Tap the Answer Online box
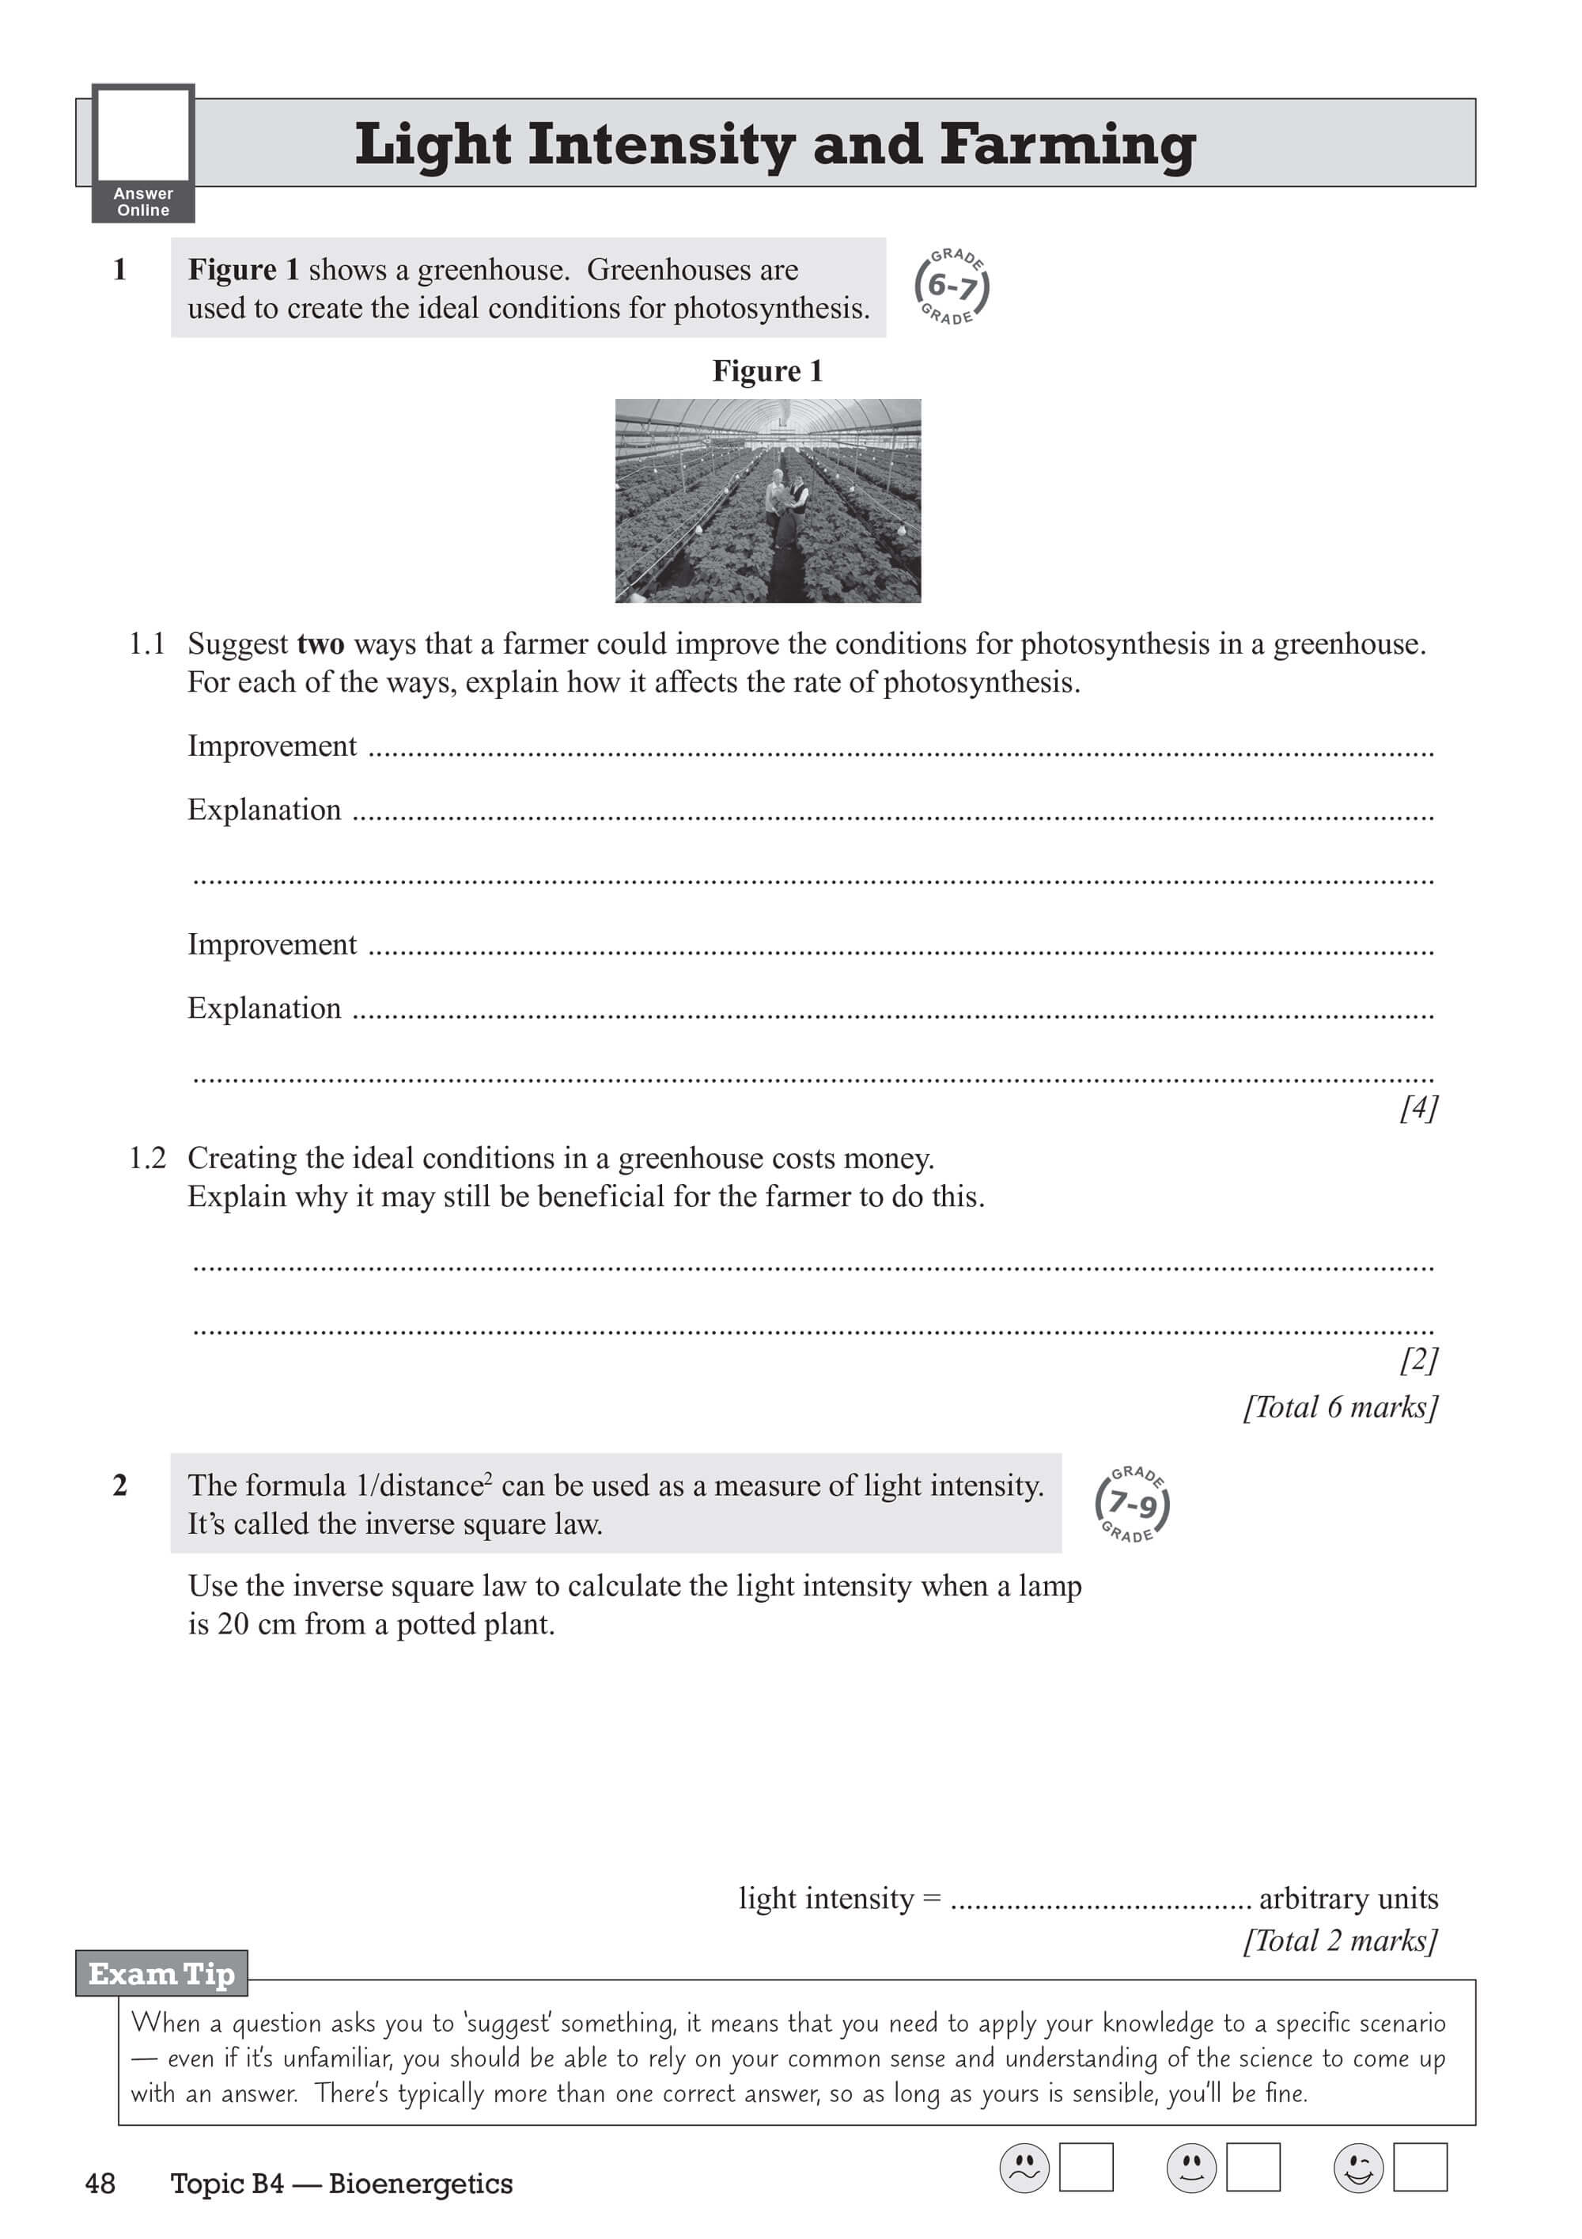point(143,153)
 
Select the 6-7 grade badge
point(952,286)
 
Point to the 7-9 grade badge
point(1132,1504)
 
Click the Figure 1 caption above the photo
point(767,371)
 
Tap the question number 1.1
point(147,643)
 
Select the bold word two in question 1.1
point(320,644)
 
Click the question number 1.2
point(147,1158)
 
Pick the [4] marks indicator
point(1418,1108)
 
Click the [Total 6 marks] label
point(1340,1406)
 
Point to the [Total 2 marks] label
point(1340,1940)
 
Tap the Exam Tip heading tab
point(162,1974)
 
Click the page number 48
point(100,2184)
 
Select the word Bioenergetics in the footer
point(420,2184)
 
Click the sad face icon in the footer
point(1024,2168)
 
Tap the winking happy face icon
point(1358,2168)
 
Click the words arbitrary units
point(1348,1898)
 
